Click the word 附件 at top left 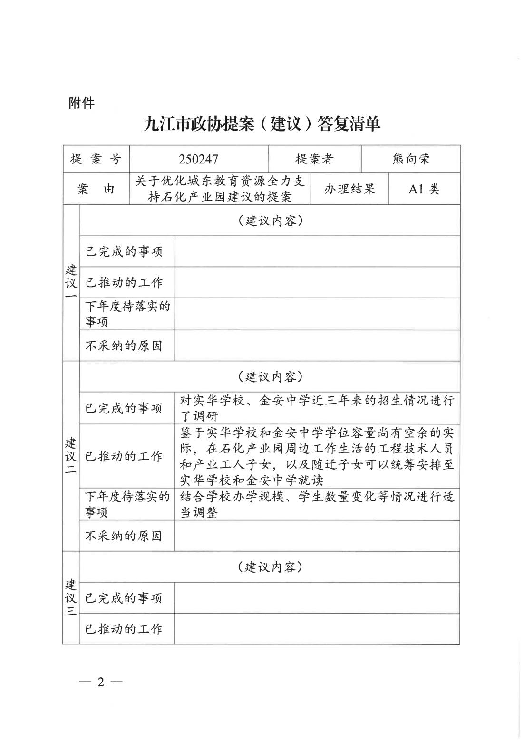point(81,103)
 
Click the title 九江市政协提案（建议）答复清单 point(262,125)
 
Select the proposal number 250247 point(198,159)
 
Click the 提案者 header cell point(314,159)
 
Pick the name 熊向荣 point(411,159)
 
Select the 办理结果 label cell point(349,189)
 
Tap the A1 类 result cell point(424,189)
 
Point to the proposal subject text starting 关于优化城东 point(220,189)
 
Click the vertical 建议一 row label point(71,283)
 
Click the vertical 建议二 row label point(71,456)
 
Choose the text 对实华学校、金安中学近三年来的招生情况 point(317,408)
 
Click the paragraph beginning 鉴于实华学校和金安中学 point(317,456)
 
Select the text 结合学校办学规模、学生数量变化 point(317,504)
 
